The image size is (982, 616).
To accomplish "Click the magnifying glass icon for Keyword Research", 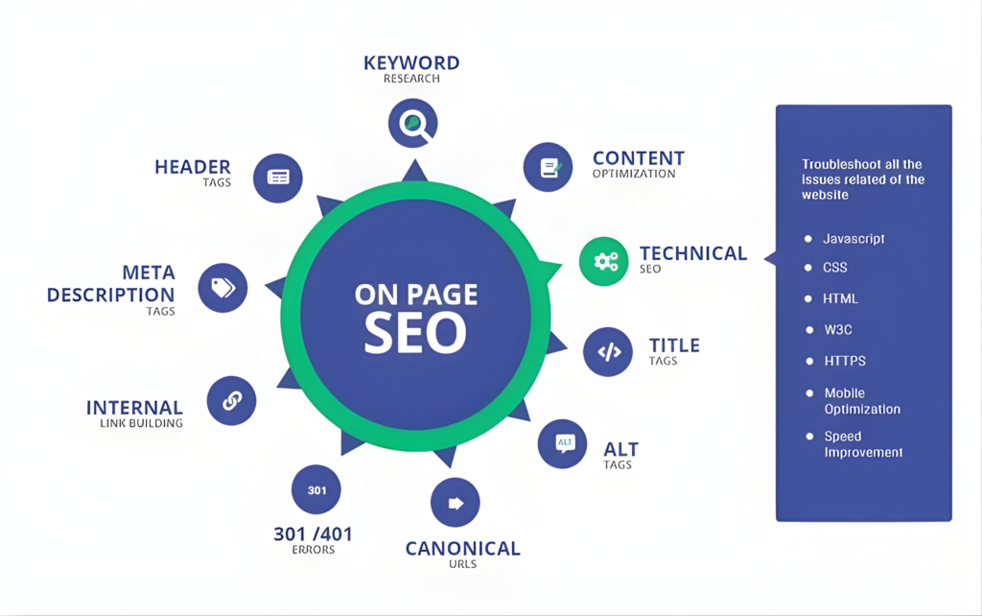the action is [x=412, y=123].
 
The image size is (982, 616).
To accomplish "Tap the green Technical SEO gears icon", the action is [x=604, y=261].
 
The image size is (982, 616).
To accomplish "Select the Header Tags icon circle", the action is [x=278, y=178].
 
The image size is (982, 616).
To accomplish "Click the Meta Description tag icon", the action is [x=222, y=288].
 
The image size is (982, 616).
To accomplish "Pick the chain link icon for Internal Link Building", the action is [x=232, y=400].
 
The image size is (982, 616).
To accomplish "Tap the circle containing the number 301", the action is [x=316, y=490].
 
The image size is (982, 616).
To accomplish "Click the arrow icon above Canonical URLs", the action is [x=456, y=503].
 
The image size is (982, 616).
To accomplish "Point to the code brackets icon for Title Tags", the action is [x=608, y=351].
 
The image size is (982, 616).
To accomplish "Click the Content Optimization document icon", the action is [x=548, y=167].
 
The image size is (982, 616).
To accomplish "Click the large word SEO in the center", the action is [x=415, y=332].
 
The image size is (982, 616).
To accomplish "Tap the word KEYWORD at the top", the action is [x=411, y=62].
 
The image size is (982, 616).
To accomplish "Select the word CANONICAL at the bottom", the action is [x=463, y=549].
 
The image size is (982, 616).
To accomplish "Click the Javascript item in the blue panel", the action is [x=853, y=239].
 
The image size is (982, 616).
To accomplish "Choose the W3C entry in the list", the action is [x=838, y=330].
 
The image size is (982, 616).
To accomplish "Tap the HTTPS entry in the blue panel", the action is [x=845, y=361].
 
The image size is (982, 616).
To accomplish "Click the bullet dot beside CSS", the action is [x=808, y=268].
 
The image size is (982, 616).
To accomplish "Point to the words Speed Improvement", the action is [x=863, y=444].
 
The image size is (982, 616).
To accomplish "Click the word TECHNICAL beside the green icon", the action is [x=693, y=253].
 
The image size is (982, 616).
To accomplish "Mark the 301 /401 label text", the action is [x=314, y=533].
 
